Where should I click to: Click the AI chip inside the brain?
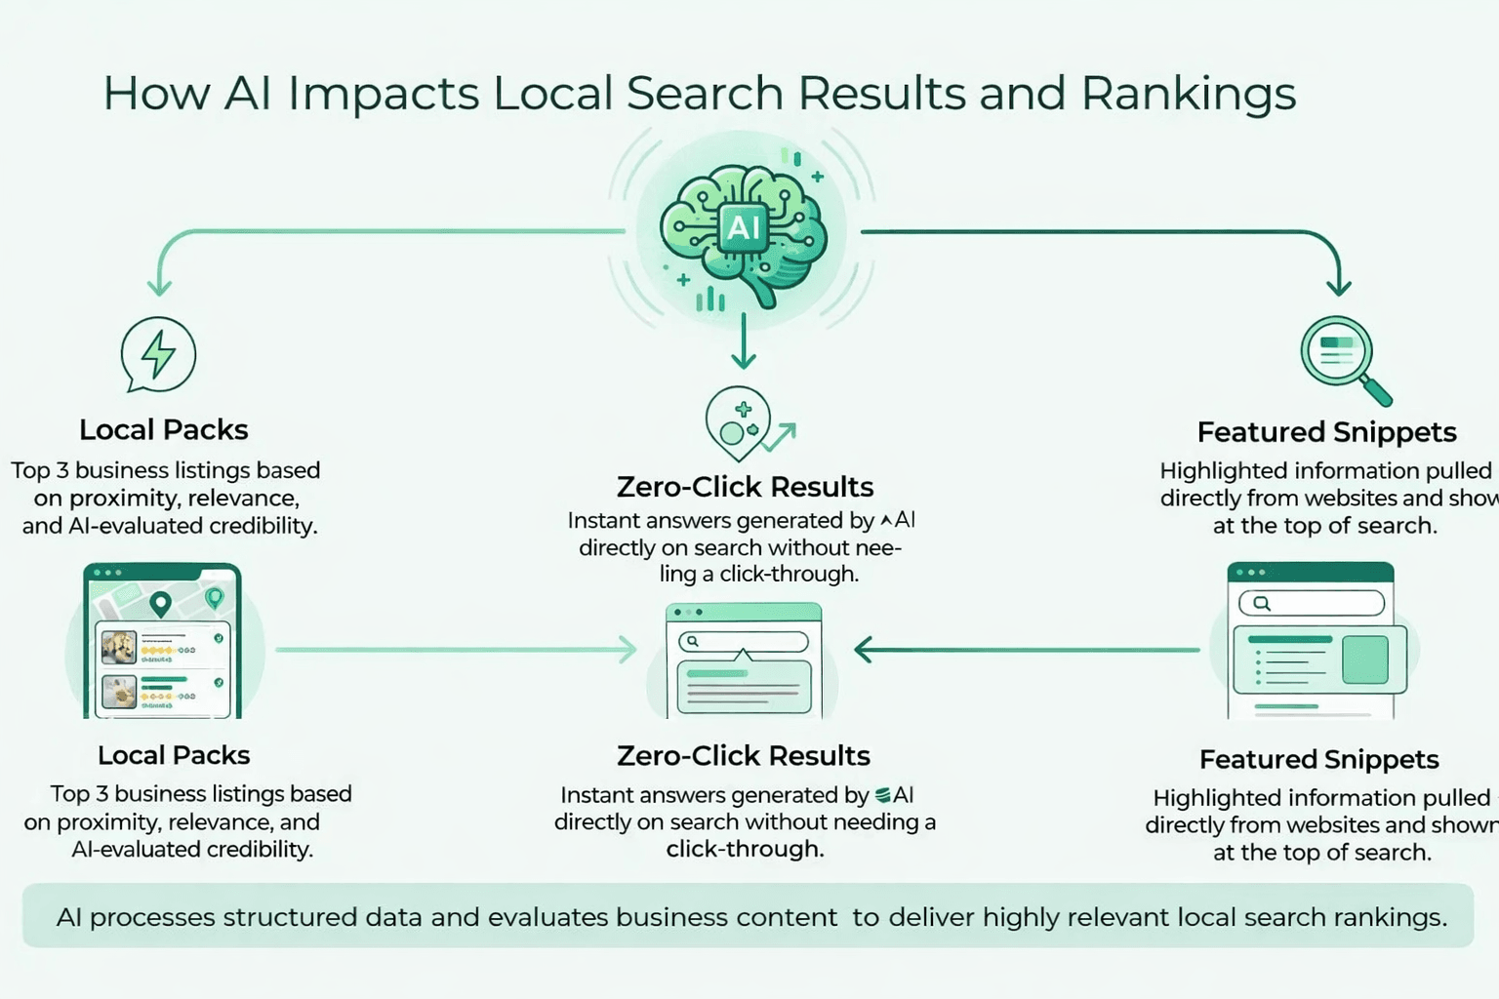tap(744, 227)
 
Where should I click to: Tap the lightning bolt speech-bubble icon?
tap(158, 354)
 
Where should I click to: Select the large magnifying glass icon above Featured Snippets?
tap(1339, 352)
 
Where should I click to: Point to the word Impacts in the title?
tap(383, 95)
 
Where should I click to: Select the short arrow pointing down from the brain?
tap(744, 341)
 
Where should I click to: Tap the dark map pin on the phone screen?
tap(160, 604)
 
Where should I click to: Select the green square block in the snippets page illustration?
tap(1364, 659)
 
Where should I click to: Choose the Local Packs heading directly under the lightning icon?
tap(164, 429)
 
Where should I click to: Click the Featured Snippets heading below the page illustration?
tap(1318, 759)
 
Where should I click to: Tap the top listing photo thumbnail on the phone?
tap(119, 646)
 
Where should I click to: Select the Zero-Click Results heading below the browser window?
tap(744, 756)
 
